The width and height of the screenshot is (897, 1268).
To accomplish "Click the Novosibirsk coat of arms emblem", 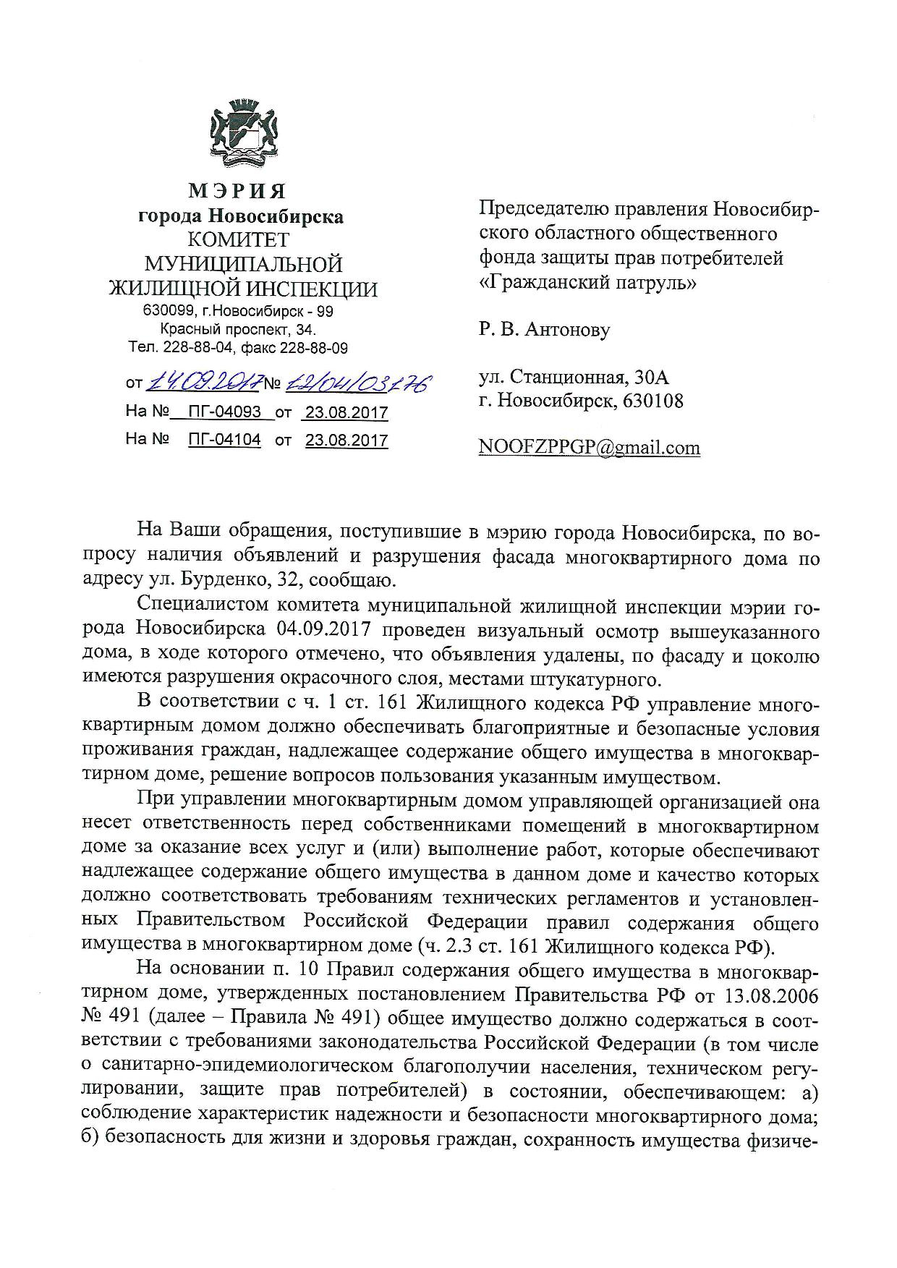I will pos(239,132).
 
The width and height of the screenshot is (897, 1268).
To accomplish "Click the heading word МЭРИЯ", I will pos(238,192).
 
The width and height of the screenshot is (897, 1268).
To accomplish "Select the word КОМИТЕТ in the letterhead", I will pos(238,239).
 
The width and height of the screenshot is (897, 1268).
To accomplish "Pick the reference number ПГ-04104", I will pos(224,441).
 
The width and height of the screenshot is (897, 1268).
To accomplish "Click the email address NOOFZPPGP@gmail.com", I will pos(589,448).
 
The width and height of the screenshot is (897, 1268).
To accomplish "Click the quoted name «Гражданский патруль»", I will pos(588,283).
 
